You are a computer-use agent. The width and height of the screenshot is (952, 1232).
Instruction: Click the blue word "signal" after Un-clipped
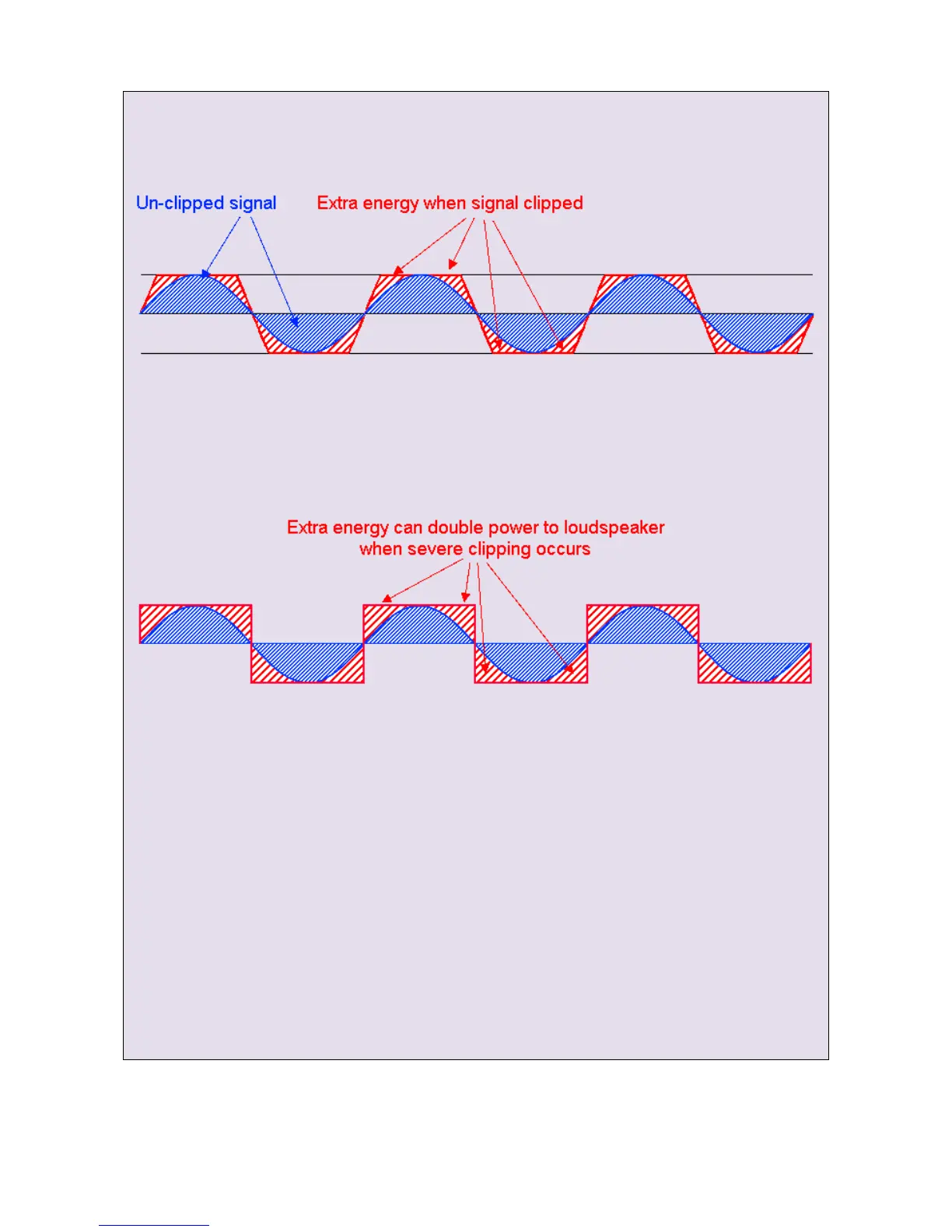pyautogui.click(x=253, y=203)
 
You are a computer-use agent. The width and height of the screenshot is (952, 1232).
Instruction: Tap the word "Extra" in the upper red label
pyautogui.click(x=337, y=203)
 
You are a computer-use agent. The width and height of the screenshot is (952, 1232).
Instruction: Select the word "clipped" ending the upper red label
pyautogui.click(x=553, y=203)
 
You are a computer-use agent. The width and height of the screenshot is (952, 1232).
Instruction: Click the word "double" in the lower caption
pyautogui.click(x=456, y=527)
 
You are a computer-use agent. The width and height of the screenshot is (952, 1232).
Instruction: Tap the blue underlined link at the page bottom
pyautogui.click(x=153, y=1224)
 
